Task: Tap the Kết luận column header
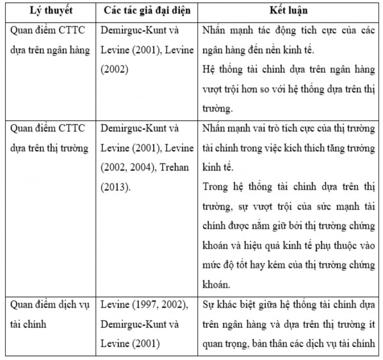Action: click(288, 12)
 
